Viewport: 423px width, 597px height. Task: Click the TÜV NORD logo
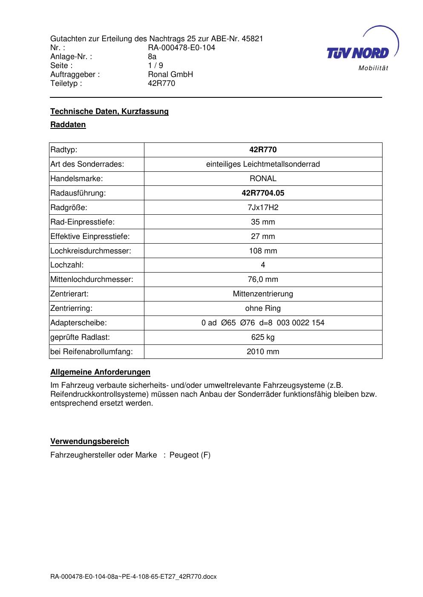coord(358,52)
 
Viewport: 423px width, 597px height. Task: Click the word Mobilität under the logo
coord(373,68)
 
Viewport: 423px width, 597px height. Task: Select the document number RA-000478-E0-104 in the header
coord(181,48)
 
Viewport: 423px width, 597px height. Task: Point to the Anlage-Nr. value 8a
coord(152,57)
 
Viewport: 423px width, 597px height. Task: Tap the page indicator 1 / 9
coord(155,65)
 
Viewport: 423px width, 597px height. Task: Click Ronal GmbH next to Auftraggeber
coord(170,74)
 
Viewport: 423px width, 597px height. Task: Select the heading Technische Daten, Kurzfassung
coord(109,111)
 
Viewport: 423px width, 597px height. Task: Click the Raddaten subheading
coord(68,125)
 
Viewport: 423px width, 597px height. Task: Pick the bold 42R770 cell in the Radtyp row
coord(263,150)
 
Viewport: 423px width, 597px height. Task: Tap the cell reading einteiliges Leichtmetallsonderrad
coord(263,164)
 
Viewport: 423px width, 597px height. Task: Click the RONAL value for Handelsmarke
coord(263,179)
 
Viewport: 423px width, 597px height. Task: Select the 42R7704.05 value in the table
coord(263,193)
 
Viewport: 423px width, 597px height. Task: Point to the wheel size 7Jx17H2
coord(263,208)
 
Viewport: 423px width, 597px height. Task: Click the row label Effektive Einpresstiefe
coord(90,236)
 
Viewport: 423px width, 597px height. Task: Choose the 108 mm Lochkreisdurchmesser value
coord(263,251)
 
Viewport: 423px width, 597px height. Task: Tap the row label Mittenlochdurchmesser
coord(92,279)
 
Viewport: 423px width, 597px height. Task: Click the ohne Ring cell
coord(263,308)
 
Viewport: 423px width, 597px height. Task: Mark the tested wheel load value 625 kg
coord(263,337)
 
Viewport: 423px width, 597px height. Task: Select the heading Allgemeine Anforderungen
coord(100,372)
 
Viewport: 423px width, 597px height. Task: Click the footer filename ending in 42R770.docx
coord(133,577)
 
